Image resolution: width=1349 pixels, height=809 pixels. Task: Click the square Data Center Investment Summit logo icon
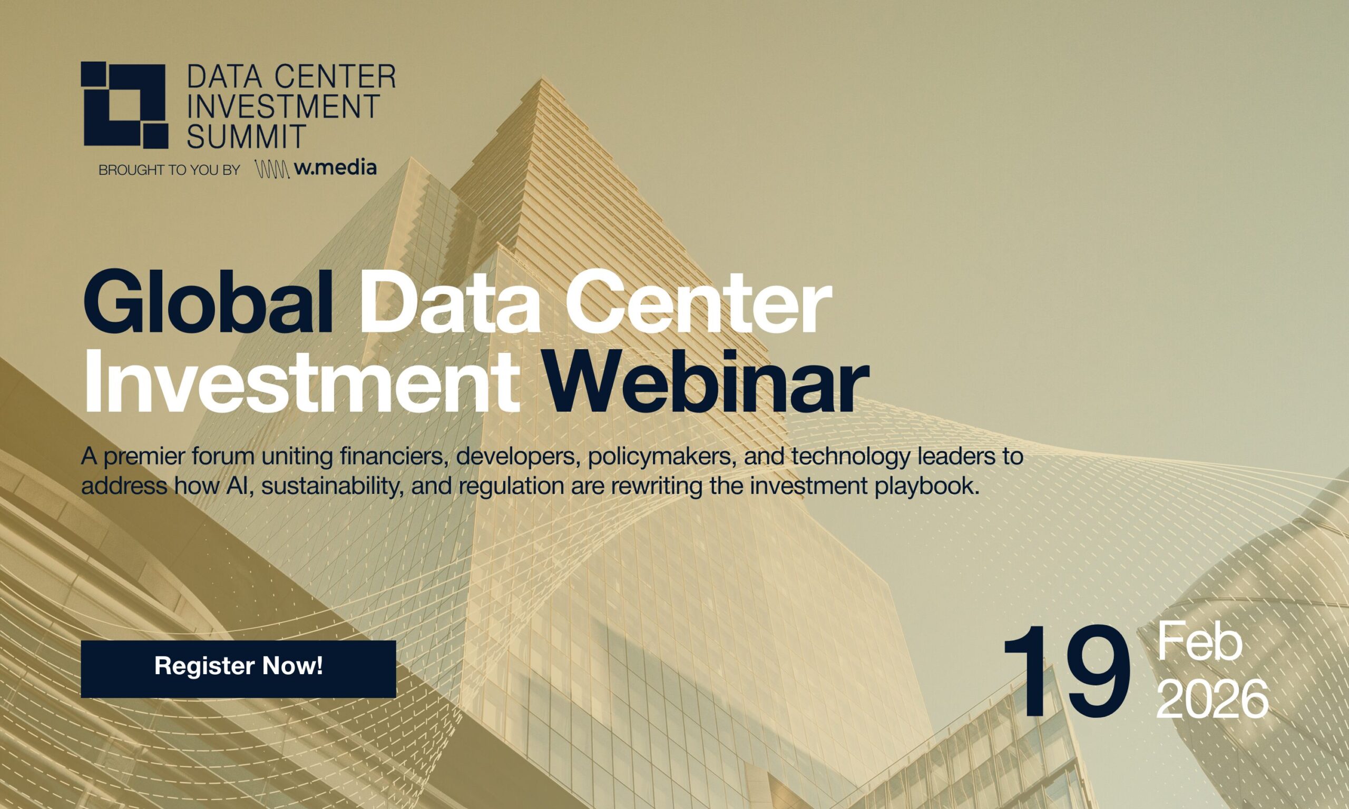[124, 105]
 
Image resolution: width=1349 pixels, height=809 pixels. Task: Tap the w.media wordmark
[335, 168]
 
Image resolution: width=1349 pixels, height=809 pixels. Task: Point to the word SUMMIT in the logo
[245, 136]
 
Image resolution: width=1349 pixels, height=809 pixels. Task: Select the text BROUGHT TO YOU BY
[169, 170]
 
